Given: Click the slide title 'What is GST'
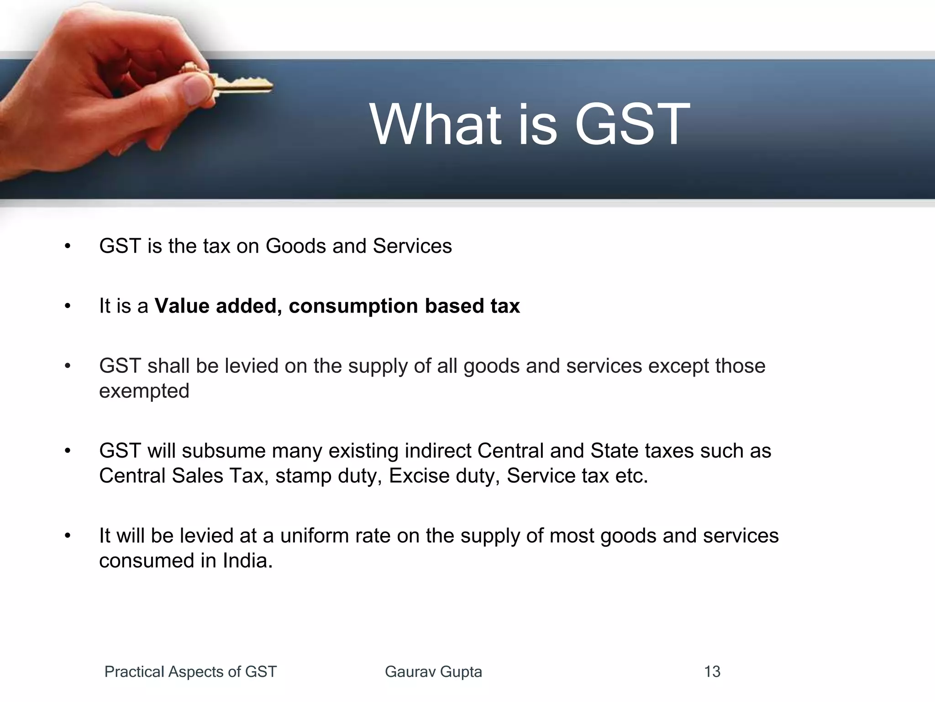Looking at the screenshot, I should coord(530,124).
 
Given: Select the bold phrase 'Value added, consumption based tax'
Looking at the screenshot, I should coord(337,306).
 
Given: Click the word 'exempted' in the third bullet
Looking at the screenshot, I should coord(144,391).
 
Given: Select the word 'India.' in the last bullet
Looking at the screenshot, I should coord(247,561).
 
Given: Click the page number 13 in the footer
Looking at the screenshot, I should coord(712,672).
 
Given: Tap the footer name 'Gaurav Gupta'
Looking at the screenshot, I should coord(433,672).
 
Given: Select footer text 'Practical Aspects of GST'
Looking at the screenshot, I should coord(190,672).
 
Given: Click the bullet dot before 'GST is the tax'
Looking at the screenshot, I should coord(68,246).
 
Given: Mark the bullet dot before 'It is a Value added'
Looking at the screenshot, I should coord(68,306).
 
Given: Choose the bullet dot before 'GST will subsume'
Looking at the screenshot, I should coord(68,451).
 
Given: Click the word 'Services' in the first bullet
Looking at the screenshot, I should coord(412,246).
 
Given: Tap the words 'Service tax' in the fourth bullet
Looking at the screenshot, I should coord(557,476).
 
